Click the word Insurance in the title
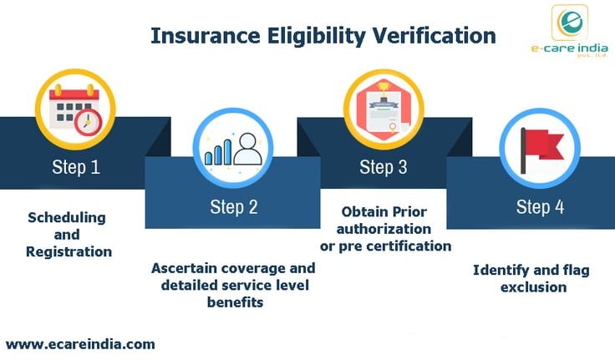[x=205, y=35]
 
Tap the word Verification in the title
[x=435, y=35]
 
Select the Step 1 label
[x=76, y=167]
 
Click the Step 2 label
[x=234, y=206]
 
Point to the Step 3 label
[x=384, y=167]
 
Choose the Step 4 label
[x=540, y=206]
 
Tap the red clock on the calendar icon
[x=89, y=122]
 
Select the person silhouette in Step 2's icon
[x=247, y=149]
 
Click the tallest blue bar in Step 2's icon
[x=227, y=152]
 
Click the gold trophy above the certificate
[x=382, y=89]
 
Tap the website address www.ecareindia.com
[x=80, y=344]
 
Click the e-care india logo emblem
[x=570, y=23]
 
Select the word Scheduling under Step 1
[x=67, y=218]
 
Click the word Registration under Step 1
[x=69, y=251]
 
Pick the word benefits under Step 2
[x=235, y=302]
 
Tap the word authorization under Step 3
[x=384, y=229]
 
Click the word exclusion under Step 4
[x=533, y=287]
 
